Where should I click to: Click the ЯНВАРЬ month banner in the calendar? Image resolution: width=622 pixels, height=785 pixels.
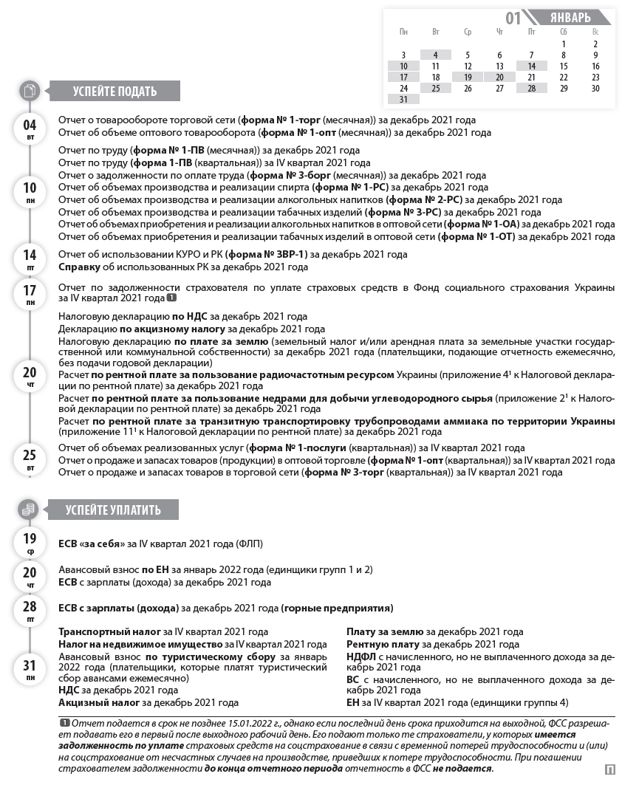pyautogui.click(x=570, y=18)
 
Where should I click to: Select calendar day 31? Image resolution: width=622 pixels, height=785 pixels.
pyautogui.click(x=403, y=99)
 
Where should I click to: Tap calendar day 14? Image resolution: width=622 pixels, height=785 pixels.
pyautogui.click(x=531, y=66)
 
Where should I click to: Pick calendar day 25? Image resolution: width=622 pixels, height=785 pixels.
pyautogui.click(x=436, y=88)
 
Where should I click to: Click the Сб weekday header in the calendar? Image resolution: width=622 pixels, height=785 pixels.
pyautogui.click(x=564, y=32)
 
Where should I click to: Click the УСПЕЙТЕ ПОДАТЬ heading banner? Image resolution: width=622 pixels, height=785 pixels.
pyautogui.click(x=115, y=92)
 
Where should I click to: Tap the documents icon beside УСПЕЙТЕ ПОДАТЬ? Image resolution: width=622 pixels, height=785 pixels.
pyautogui.click(x=30, y=92)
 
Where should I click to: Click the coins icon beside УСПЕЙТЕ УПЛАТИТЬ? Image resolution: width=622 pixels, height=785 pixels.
pyautogui.click(x=30, y=510)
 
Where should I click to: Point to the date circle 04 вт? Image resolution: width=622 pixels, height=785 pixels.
pyautogui.click(x=30, y=128)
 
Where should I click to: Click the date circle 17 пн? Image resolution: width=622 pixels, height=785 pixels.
pyautogui.click(x=30, y=293)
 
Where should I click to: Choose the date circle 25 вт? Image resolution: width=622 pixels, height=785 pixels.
pyautogui.click(x=30, y=459)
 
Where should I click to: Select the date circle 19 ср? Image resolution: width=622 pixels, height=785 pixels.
pyautogui.click(x=30, y=542)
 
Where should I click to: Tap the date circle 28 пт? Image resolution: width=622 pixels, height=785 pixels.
pyautogui.click(x=30, y=609)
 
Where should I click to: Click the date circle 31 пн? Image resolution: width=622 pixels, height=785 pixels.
pyautogui.click(x=30, y=668)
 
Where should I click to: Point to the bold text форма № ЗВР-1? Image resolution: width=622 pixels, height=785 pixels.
pyautogui.click(x=269, y=254)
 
